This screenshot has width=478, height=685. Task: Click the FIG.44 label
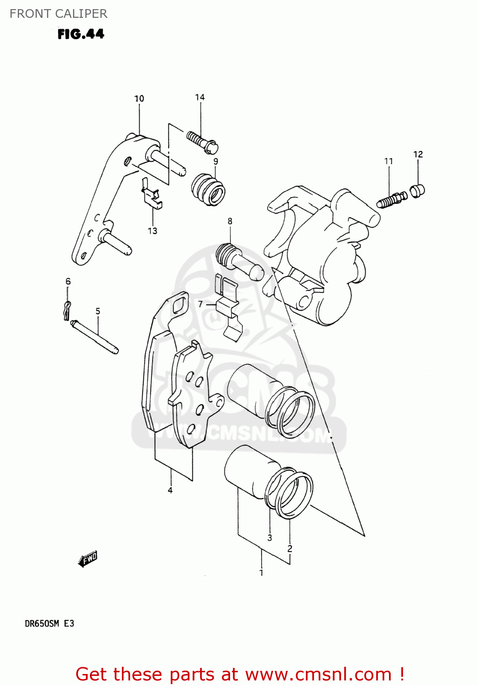(81, 34)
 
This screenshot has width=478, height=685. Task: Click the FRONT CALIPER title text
(58, 14)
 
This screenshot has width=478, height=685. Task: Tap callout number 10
(139, 99)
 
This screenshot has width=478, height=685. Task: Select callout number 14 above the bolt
(200, 97)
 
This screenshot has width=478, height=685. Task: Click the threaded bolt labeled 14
(202, 141)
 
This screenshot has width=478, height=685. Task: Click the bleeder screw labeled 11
(392, 199)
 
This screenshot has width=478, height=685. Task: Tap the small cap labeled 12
(417, 190)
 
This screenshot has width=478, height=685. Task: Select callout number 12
(418, 154)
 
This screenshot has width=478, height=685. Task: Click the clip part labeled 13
(152, 195)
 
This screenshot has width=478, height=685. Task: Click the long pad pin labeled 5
(95, 337)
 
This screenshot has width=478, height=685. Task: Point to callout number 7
(200, 304)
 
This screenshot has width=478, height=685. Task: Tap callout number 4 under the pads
(170, 490)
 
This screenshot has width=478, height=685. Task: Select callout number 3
(269, 538)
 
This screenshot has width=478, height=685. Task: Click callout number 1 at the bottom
(261, 573)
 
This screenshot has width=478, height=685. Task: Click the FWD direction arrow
(88, 559)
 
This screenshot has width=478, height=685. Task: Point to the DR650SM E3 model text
(49, 623)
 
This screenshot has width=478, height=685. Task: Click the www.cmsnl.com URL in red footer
(318, 674)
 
